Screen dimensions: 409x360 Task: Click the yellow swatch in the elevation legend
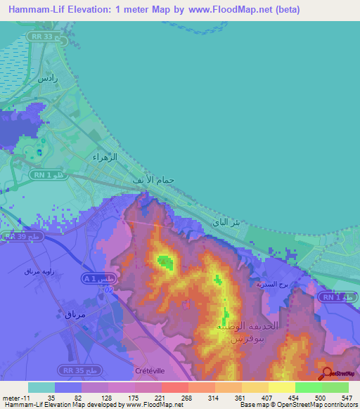coord(282,387)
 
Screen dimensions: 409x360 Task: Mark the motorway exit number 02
coord(108,289)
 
